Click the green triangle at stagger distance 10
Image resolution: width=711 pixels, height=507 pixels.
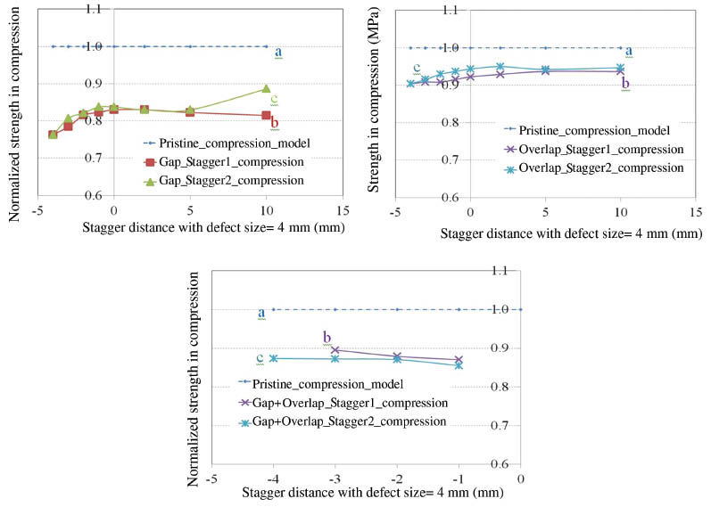pyautogui.click(x=266, y=89)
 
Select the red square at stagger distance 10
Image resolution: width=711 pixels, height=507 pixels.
pyautogui.click(x=266, y=115)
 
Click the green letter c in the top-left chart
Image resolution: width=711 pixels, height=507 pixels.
pyautogui.click(x=275, y=99)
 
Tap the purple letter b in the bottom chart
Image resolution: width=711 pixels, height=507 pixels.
pyautogui.click(x=327, y=338)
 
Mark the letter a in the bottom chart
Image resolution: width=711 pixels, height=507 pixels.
pyautogui.click(x=261, y=313)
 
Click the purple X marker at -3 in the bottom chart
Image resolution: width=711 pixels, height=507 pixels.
pyautogui.click(x=335, y=350)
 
